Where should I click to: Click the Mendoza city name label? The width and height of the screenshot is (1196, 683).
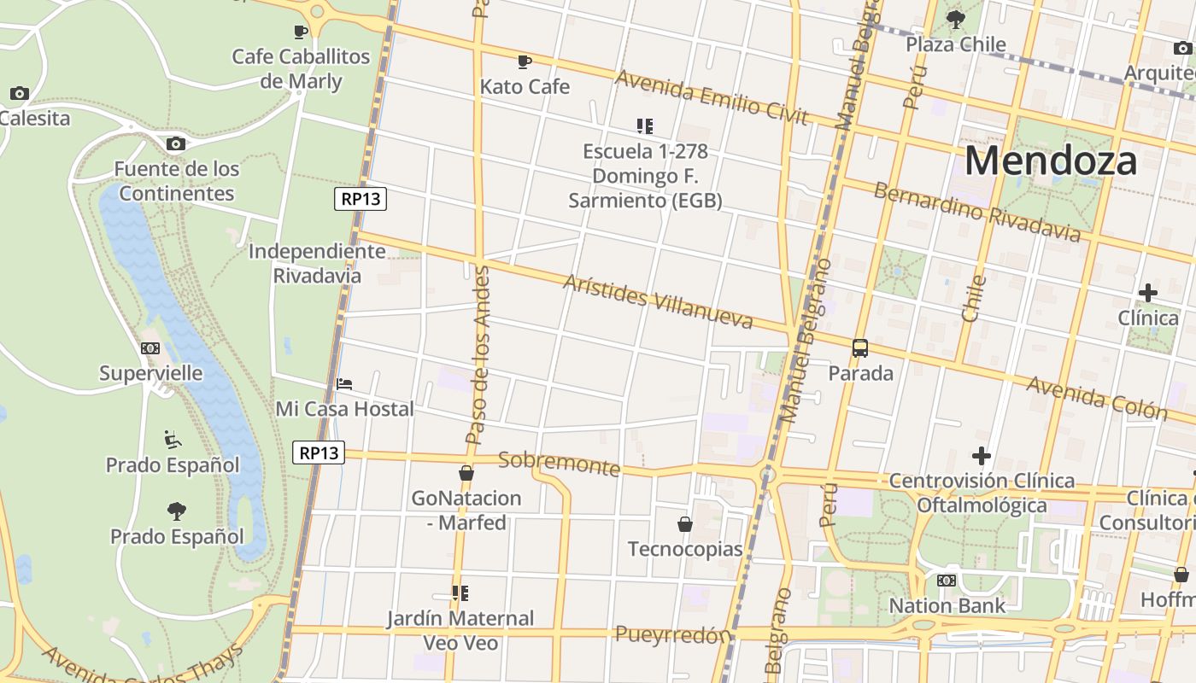pos(1051,161)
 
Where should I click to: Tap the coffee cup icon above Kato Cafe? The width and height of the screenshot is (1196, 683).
pos(524,61)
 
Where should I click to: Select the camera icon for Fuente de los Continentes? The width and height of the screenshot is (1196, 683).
pos(175,143)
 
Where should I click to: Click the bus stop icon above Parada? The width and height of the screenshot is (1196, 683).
pos(860,348)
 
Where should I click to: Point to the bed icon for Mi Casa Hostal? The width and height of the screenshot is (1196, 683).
pos(344,384)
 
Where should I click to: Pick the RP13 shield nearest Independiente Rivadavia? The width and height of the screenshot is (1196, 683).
pos(361,200)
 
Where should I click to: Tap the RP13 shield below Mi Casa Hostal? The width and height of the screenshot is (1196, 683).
pos(319,452)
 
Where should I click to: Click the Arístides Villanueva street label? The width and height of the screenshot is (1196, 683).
pos(658,301)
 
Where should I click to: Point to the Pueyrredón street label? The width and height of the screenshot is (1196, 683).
pos(673,634)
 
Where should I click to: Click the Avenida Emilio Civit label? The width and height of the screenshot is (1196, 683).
pos(711,97)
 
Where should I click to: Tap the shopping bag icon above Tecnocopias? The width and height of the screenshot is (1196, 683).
pos(684,523)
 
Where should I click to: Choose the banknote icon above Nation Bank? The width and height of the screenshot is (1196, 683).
pos(946,581)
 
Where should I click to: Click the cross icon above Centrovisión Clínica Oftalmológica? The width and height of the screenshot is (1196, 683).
pos(982,456)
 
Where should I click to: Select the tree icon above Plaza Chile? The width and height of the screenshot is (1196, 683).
pos(956,19)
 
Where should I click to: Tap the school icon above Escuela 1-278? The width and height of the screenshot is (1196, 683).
pos(645,126)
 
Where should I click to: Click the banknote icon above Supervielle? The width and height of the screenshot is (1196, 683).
pos(150,348)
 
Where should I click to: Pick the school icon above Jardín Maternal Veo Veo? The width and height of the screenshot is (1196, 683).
pos(460,593)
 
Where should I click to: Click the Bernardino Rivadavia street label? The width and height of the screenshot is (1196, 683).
pos(976,212)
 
